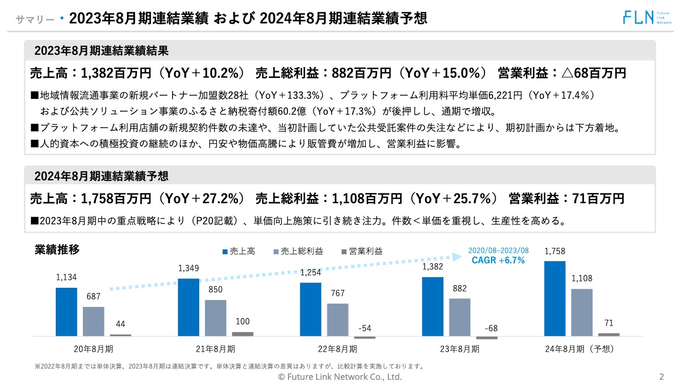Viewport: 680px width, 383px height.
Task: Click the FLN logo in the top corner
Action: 644,17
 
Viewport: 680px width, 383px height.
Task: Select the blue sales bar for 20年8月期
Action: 66,312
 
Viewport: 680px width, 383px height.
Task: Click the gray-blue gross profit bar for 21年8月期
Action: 215,318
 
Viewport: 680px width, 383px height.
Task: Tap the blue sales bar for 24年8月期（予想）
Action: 555,298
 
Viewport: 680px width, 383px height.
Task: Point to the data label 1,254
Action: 311,273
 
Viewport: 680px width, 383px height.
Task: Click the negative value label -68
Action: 491,328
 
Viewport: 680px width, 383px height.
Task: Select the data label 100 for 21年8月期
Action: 242,322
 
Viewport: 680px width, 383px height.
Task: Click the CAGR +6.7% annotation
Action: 498,260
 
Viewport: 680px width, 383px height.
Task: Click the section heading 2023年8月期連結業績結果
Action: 101,51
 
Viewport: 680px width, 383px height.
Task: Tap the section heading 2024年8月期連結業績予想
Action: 101,176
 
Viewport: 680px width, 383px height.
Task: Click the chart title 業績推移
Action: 57,249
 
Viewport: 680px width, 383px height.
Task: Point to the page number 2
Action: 661,377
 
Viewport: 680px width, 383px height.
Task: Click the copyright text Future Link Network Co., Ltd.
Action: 340,377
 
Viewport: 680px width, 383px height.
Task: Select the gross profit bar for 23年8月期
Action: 460,317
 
